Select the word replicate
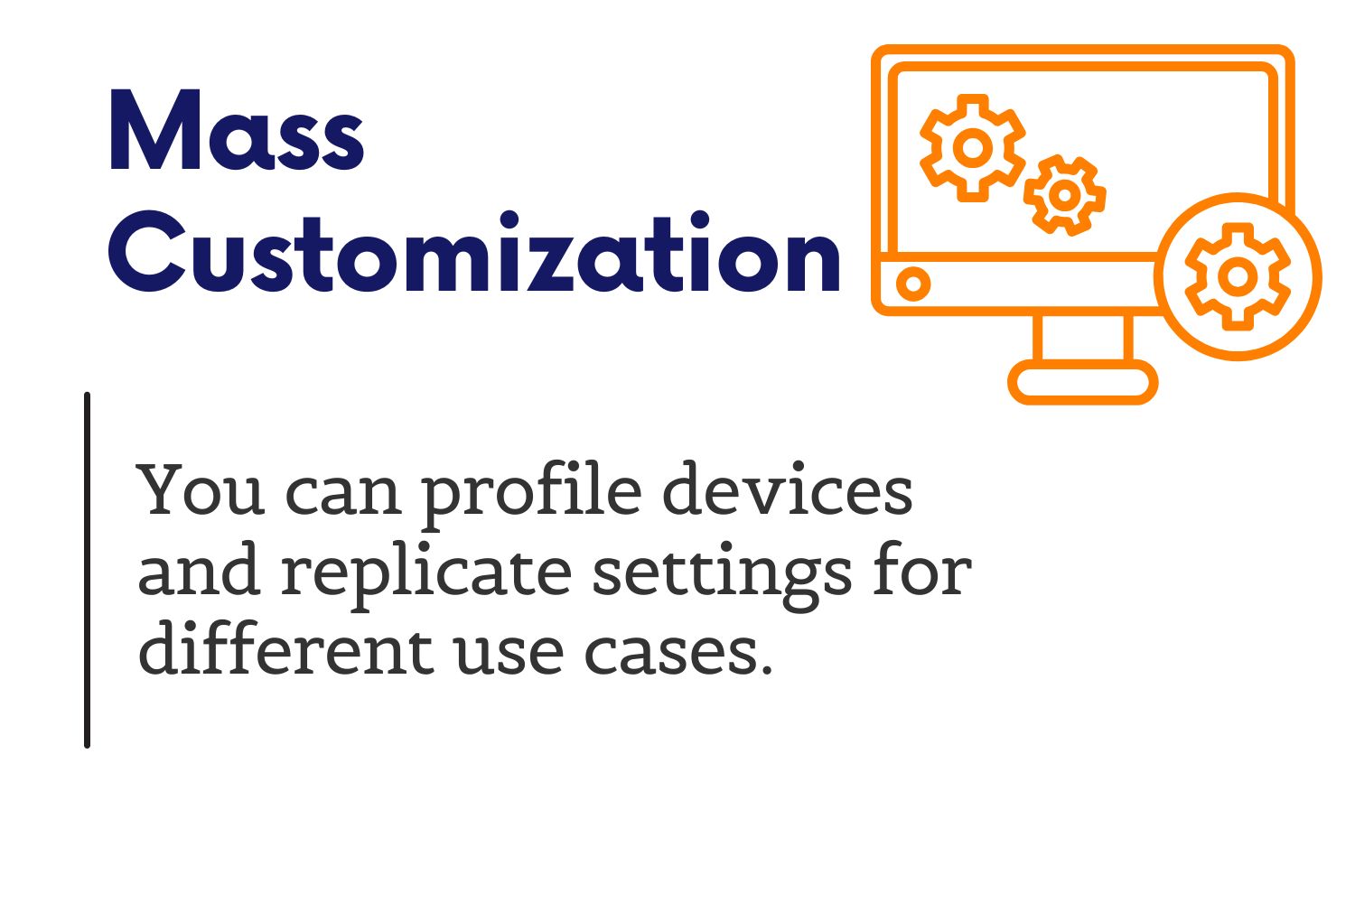tap(426, 574)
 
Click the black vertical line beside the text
tap(87, 571)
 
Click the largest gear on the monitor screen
tap(972, 147)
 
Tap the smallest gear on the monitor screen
tap(1065, 195)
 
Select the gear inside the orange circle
tap(1238, 276)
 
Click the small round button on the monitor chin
tap(912, 283)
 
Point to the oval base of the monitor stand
tap(1083, 382)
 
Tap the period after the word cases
tap(766, 669)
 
